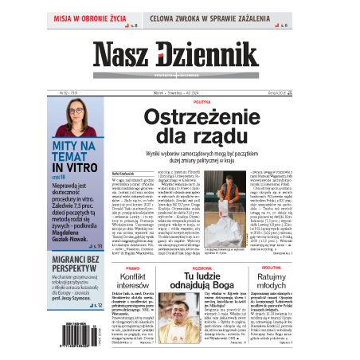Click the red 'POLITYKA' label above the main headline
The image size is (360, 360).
tap(202, 102)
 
